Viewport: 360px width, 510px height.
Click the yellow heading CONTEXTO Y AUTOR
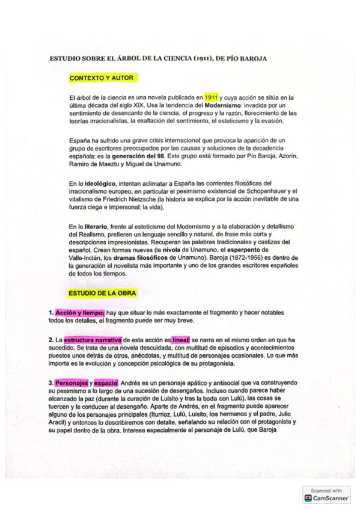102,78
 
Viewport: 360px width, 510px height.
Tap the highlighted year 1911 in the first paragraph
210,97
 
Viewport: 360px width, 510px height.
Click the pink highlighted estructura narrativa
93,340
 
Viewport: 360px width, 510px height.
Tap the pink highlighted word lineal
181,340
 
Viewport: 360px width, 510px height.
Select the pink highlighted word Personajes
72,382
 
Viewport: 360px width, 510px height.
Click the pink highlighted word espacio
106,382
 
